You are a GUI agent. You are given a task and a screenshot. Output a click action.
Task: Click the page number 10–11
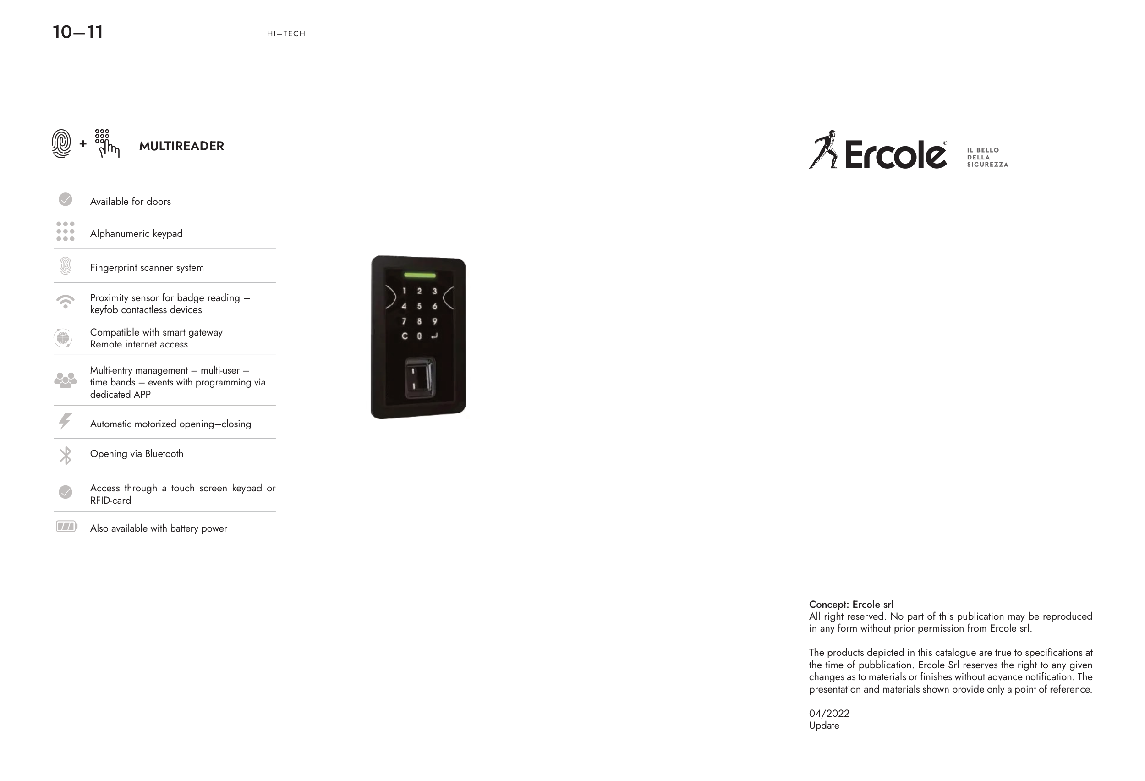point(78,33)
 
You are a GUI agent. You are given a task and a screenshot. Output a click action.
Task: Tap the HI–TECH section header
point(286,33)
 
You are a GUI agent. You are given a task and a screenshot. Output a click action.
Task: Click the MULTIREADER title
point(181,146)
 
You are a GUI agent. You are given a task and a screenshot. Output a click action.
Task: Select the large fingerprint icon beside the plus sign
point(61,144)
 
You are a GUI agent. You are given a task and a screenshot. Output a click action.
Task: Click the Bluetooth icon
point(66,455)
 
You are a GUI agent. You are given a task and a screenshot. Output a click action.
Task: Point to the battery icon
point(66,526)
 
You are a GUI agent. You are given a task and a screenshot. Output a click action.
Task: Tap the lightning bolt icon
point(65,422)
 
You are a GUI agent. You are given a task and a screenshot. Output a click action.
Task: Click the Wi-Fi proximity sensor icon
point(66,302)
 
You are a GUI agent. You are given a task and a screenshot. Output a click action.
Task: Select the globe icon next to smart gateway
point(63,338)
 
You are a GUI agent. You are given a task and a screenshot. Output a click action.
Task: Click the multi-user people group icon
point(66,380)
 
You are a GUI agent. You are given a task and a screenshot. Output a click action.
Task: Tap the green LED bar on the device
point(419,275)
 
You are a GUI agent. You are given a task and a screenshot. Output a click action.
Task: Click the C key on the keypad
point(405,336)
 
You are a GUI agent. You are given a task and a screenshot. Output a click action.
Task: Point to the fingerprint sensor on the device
point(419,378)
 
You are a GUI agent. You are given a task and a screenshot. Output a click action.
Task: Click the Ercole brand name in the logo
point(895,155)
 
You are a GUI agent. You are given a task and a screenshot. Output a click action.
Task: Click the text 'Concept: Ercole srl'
point(851,604)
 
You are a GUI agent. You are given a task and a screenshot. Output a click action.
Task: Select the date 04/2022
point(829,713)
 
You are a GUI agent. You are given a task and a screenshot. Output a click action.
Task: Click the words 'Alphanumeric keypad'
point(136,234)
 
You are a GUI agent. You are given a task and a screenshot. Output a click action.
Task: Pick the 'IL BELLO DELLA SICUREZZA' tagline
point(987,157)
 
